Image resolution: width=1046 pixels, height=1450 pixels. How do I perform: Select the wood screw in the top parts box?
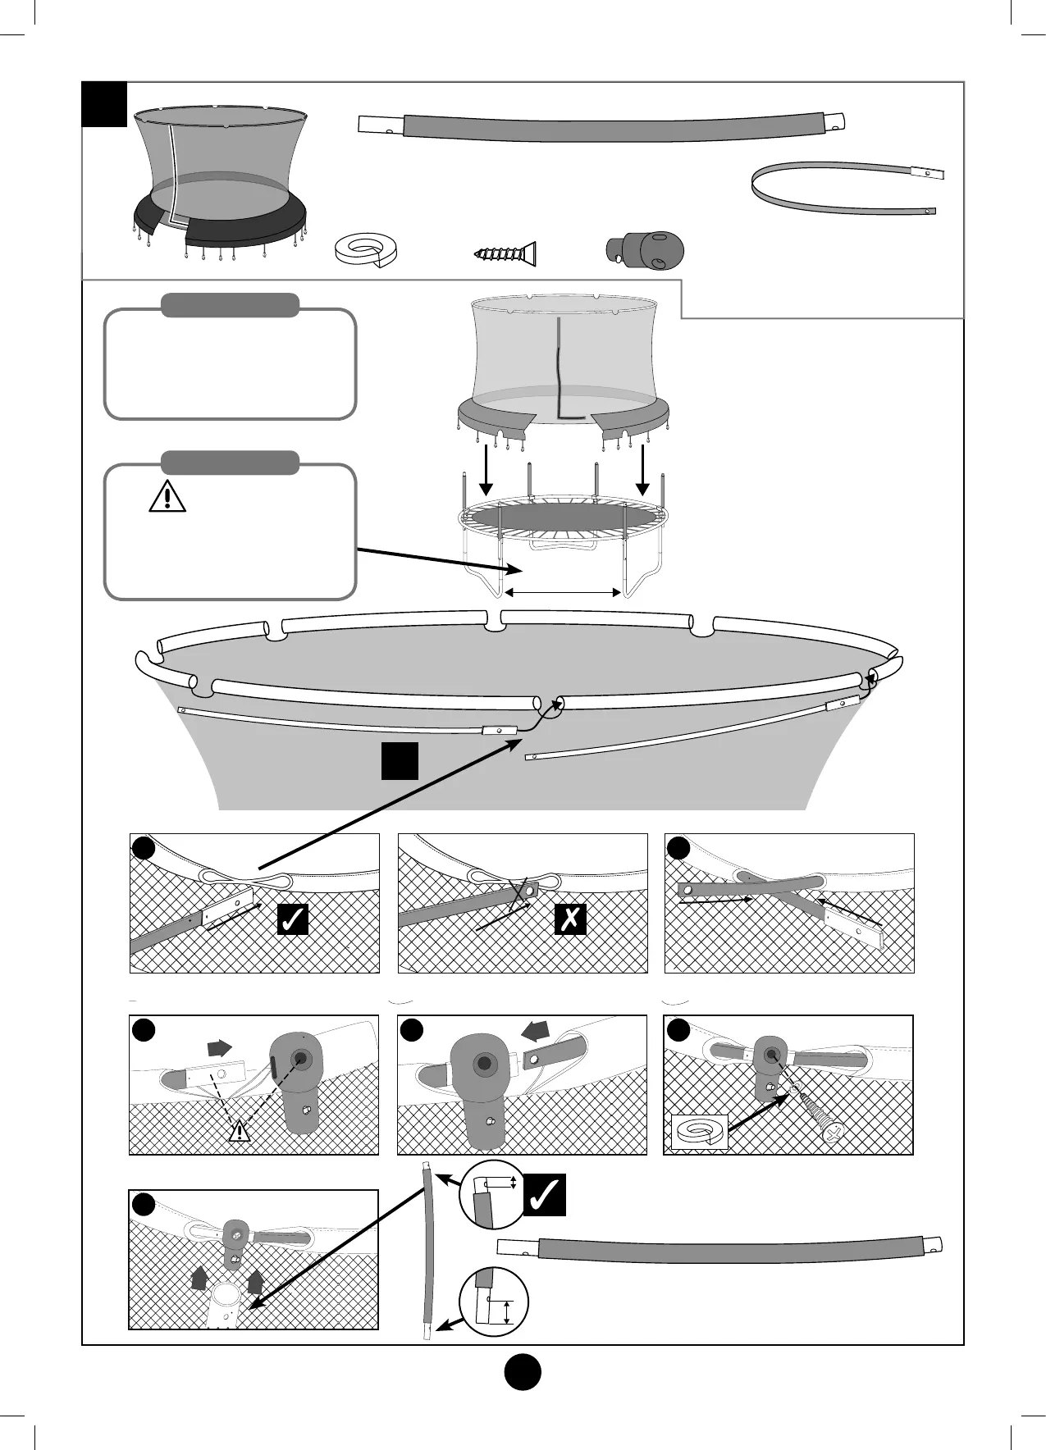tap(505, 253)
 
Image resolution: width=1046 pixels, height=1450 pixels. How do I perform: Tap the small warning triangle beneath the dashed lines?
tap(239, 1132)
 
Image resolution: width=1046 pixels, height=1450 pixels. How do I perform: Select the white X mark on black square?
tap(569, 920)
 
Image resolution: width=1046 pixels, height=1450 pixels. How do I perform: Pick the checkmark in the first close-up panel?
tap(292, 920)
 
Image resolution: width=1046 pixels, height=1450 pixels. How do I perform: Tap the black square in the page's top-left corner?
tap(105, 104)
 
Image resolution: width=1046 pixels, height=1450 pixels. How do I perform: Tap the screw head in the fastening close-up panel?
tap(832, 1133)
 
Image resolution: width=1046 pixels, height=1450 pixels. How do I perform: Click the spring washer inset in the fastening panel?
tap(699, 1133)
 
